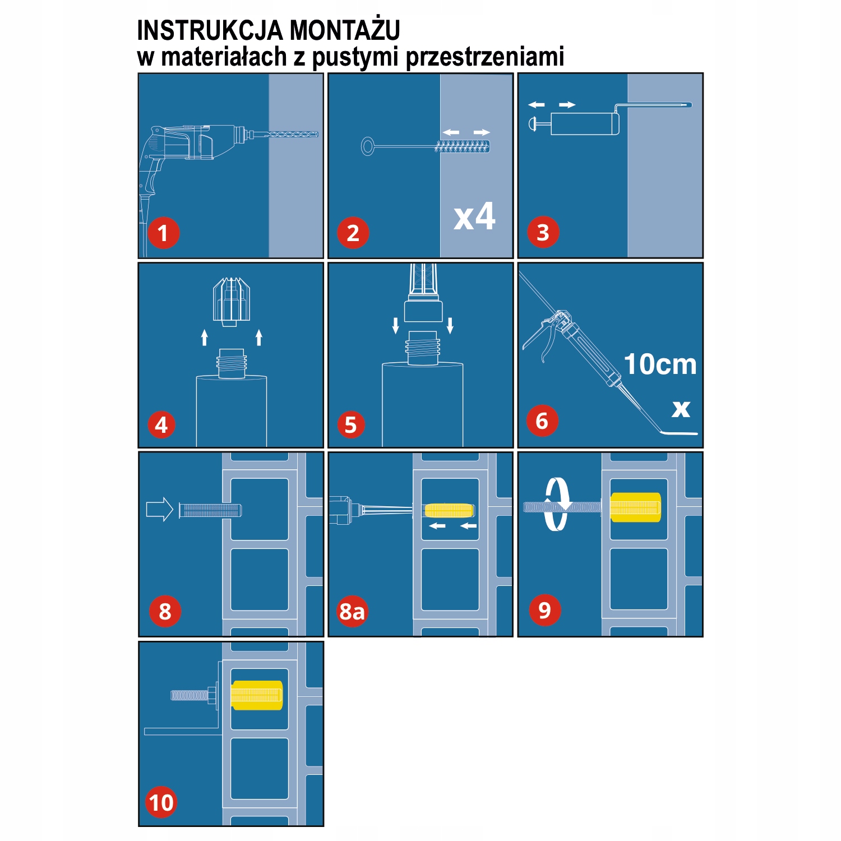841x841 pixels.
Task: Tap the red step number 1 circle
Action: (163, 233)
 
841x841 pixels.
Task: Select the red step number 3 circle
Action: (543, 232)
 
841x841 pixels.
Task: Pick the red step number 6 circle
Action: (542, 420)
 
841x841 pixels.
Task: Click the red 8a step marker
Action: (352, 611)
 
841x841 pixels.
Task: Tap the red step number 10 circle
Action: (161, 802)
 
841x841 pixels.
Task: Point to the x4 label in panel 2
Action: (474, 217)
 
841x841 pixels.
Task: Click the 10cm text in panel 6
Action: (660, 364)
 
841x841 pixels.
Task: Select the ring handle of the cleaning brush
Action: (368, 147)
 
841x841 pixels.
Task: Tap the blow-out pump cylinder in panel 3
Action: (584, 123)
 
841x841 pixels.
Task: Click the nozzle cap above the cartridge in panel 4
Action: (231, 301)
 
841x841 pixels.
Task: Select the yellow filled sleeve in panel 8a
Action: (449, 510)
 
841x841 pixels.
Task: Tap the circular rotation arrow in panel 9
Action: (557, 504)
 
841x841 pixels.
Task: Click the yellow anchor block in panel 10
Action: (257, 695)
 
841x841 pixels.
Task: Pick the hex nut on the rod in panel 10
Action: (212, 695)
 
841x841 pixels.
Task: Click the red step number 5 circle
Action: (351, 425)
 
